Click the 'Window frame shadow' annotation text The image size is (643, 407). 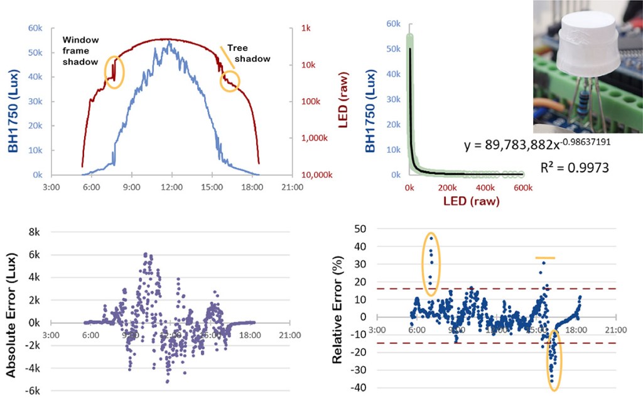click(80, 50)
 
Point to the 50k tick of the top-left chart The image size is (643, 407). click(34, 53)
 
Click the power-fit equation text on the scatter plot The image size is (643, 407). click(538, 145)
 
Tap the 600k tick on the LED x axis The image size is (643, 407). click(522, 187)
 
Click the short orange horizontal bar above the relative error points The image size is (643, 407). click(544, 258)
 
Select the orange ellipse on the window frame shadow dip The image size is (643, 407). click(114, 72)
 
